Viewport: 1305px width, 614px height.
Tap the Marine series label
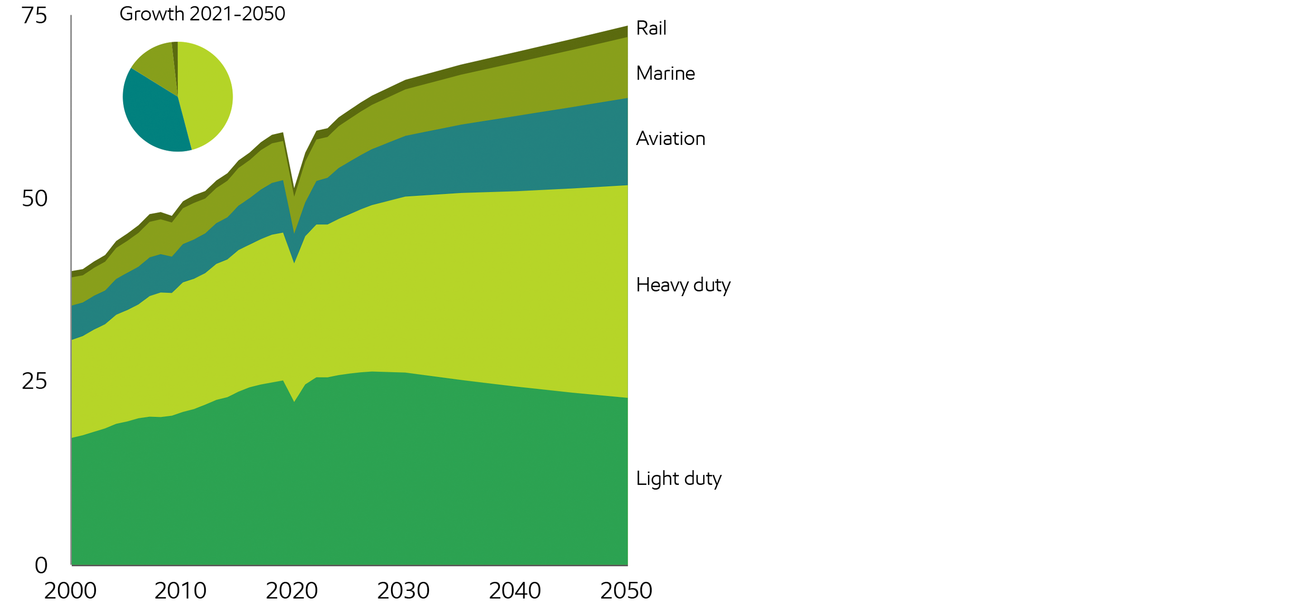pos(665,73)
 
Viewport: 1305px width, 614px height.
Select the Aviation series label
pos(670,139)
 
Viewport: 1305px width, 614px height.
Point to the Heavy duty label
pos(683,285)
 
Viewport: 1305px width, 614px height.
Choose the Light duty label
pos(678,478)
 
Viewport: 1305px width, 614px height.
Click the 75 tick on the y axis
pos(34,16)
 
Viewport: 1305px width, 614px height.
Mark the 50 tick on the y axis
pos(34,198)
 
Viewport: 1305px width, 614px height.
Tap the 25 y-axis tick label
pos(34,381)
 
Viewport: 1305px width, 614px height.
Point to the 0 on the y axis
pos(41,565)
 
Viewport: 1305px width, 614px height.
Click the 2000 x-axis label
pos(70,591)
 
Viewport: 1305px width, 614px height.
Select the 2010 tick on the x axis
pos(180,591)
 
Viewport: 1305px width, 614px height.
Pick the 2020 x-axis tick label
pos(292,591)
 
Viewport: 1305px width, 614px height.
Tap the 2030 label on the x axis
pos(403,591)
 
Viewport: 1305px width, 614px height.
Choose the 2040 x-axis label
pos(515,591)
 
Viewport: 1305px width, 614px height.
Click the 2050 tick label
pos(626,591)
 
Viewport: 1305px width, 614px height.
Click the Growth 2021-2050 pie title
pos(202,14)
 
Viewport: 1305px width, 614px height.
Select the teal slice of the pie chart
pos(152,116)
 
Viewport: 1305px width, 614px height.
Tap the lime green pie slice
pos(205,96)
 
